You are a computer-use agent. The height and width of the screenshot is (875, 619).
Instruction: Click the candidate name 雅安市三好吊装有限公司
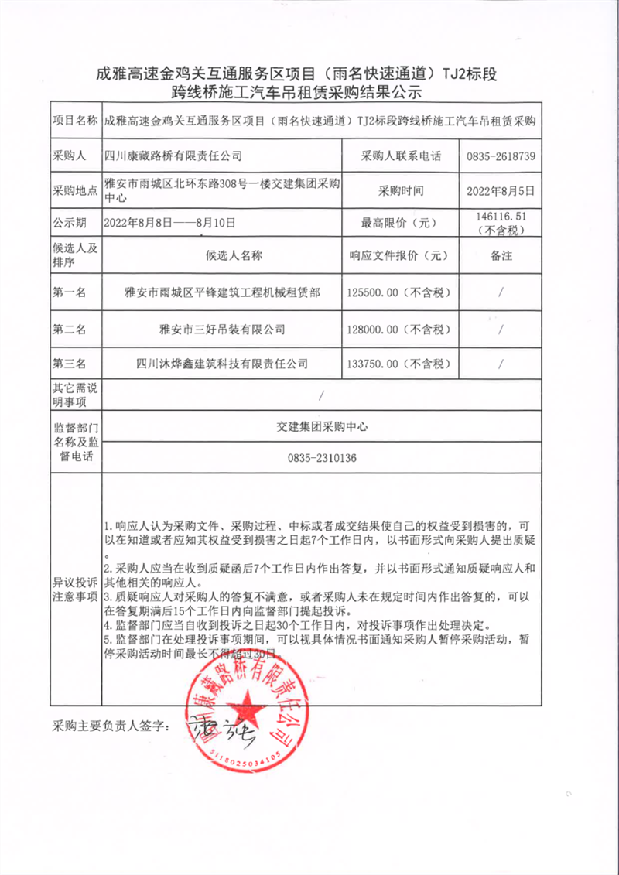point(221,329)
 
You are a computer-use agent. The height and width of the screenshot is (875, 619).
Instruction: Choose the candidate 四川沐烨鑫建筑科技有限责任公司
point(221,363)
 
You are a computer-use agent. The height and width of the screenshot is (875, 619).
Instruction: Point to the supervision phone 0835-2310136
point(321,458)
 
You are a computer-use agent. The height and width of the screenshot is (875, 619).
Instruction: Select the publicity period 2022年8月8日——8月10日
point(169,223)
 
